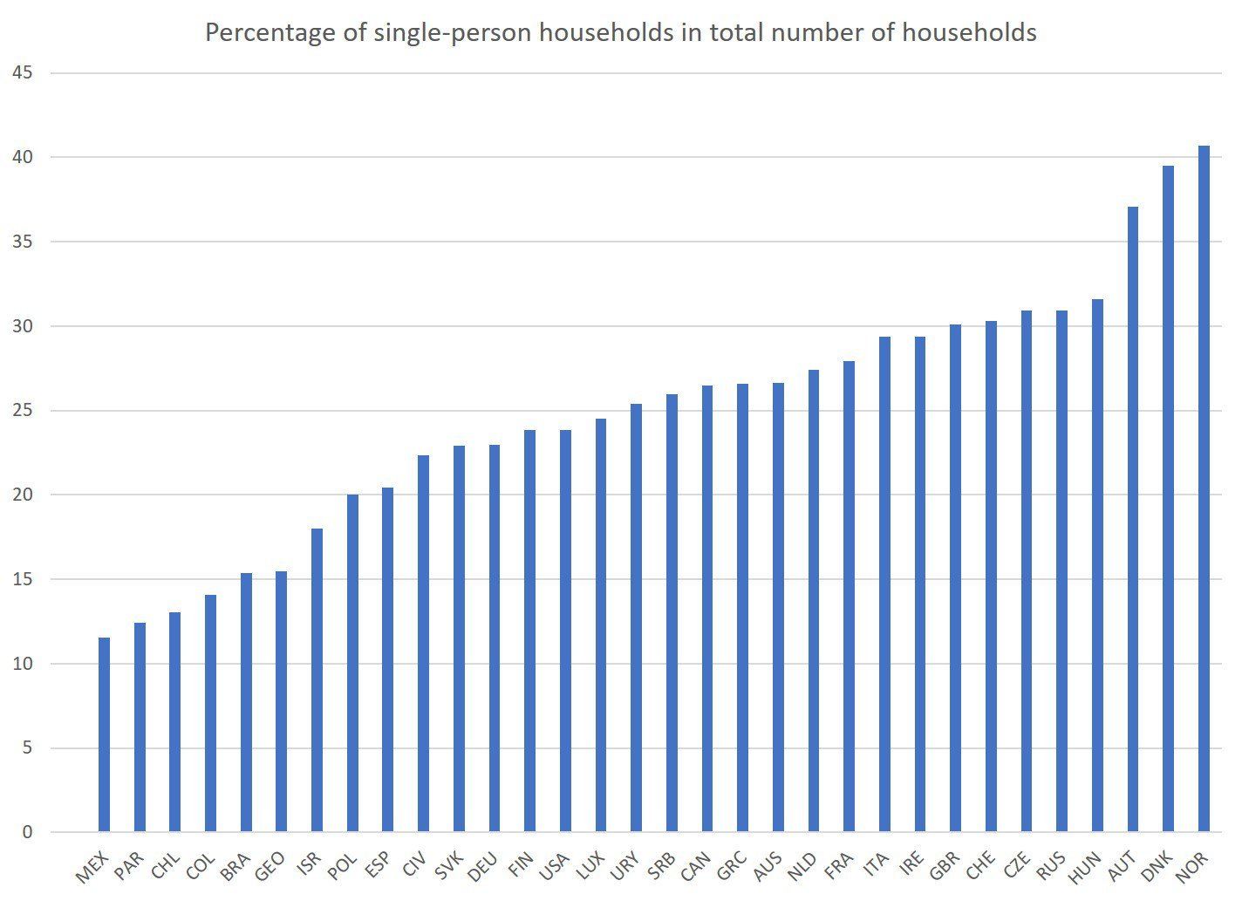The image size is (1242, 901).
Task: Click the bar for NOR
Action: pyautogui.click(x=1204, y=488)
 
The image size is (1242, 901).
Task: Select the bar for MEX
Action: pyautogui.click(x=105, y=734)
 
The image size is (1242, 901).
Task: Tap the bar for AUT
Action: pyautogui.click(x=1133, y=519)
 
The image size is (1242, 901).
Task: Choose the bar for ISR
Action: pyautogui.click(x=317, y=680)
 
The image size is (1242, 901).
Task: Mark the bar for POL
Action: pyautogui.click(x=352, y=663)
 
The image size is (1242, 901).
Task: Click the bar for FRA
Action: pyautogui.click(x=849, y=597)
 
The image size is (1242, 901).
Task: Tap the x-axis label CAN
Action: pyautogui.click(x=695, y=867)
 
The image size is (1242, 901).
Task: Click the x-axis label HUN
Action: pyautogui.click(x=1086, y=867)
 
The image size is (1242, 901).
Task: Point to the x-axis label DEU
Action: pyautogui.click(x=482, y=867)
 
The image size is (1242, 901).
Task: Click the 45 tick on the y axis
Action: pyautogui.click(x=23, y=72)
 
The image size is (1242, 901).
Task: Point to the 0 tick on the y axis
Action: pyautogui.click(x=27, y=832)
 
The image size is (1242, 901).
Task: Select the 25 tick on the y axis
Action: pyautogui.click(x=23, y=410)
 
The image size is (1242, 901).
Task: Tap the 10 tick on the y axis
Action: pyautogui.click(x=23, y=664)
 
